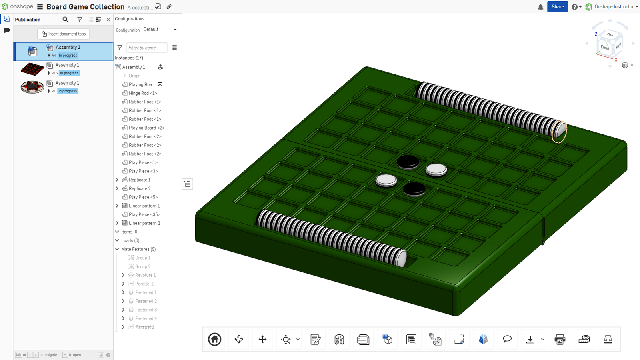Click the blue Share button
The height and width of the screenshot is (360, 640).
tap(557, 7)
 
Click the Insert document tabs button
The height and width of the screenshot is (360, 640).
tap(64, 34)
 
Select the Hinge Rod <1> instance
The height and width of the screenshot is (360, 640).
tap(143, 93)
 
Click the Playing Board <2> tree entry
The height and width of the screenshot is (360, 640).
tap(146, 128)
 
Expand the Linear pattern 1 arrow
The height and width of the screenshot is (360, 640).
tap(117, 206)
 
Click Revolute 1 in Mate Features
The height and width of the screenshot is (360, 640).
tap(145, 275)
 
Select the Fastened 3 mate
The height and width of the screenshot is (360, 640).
tap(146, 310)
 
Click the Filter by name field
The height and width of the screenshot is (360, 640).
tap(146, 48)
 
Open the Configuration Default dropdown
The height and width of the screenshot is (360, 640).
tap(160, 30)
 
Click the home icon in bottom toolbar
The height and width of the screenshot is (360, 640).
tap(215, 340)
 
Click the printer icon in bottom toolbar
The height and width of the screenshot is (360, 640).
tap(560, 340)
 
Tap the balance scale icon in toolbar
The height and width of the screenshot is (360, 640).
tap(608, 340)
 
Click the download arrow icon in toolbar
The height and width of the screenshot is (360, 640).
tap(530, 340)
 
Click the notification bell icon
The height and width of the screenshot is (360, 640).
tap(540, 7)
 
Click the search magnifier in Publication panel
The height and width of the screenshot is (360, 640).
tap(66, 20)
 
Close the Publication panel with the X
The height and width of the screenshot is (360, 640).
tap(108, 20)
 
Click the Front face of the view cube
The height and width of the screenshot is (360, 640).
tap(605, 48)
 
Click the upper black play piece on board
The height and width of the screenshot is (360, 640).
tap(408, 162)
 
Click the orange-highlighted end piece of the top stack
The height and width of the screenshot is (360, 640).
tap(560, 131)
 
